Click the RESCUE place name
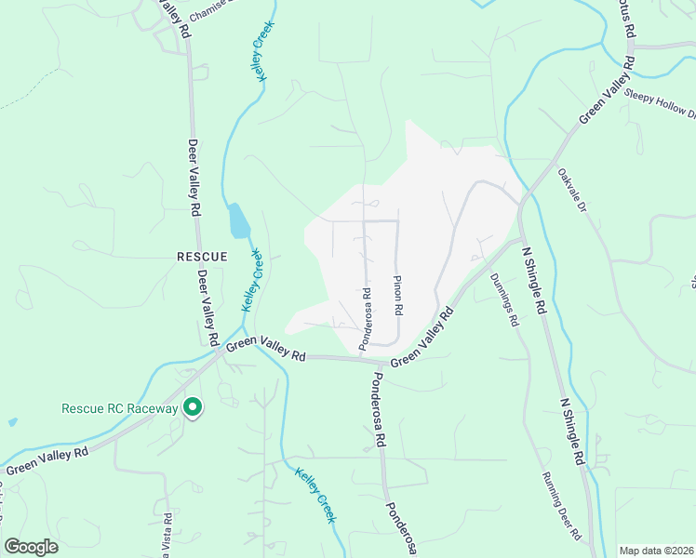(202, 255)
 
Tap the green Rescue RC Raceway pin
(193, 407)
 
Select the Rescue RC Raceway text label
(119, 408)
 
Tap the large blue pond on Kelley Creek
(238, 221)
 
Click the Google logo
(31, 547)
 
